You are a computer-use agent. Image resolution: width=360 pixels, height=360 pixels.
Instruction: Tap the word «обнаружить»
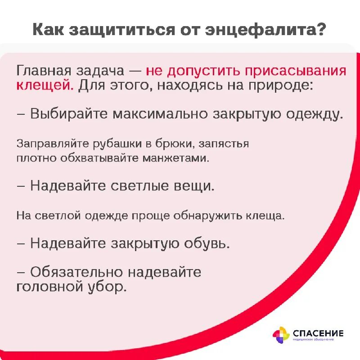pos(202,215)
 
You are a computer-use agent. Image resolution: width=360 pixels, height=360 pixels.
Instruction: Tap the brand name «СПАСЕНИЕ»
pos(318,333)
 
